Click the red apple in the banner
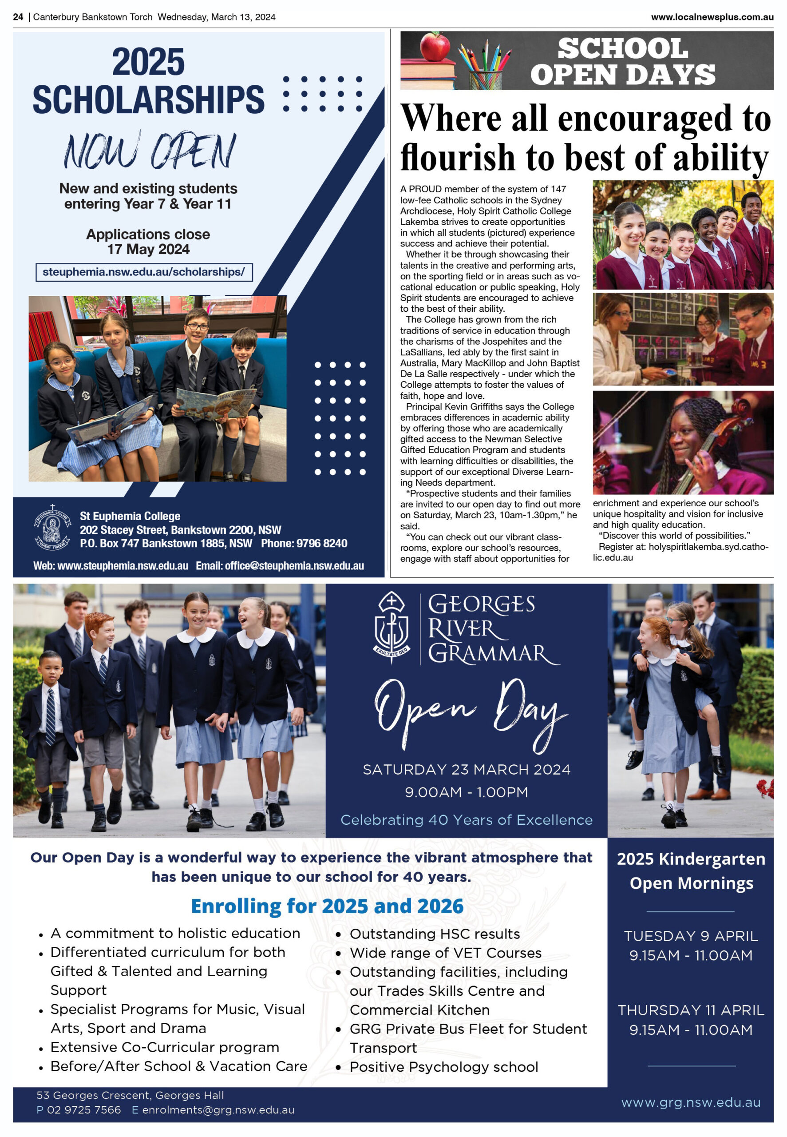pos(435,48)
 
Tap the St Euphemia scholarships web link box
pos(143,272)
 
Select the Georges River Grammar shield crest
pos(391,626)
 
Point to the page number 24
pos(18,17)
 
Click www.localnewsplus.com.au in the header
pos(712,17)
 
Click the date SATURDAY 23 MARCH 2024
pos(466,770)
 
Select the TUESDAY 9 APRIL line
pos(690,936)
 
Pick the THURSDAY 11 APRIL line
pos(690,1010)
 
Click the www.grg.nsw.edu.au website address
pos(690,1102)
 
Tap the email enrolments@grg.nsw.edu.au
pos(218,1110)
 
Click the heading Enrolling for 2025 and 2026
pos(327,906)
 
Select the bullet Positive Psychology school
pos(443,1067)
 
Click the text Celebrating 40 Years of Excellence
pos(466,820)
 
